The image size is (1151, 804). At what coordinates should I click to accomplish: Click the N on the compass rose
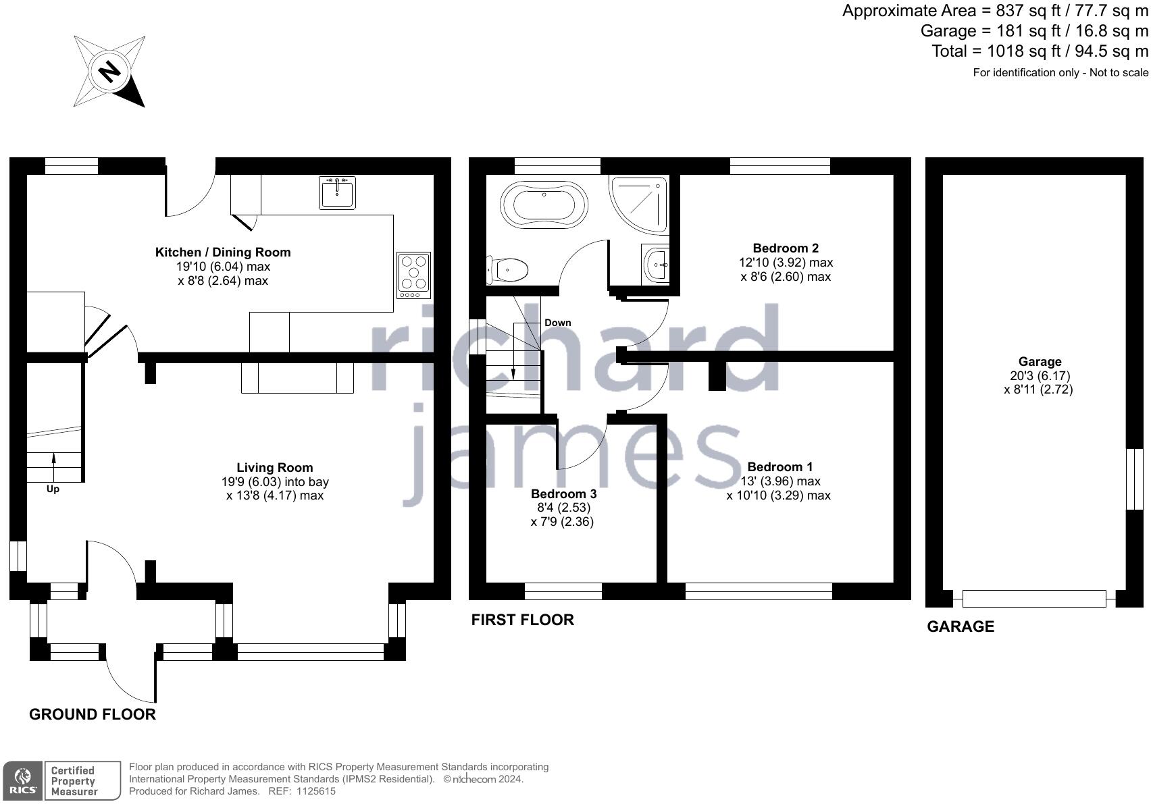coord(109,72)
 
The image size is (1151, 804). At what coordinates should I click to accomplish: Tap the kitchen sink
coord(337,192)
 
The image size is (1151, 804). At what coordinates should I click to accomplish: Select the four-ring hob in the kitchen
coord(413,275)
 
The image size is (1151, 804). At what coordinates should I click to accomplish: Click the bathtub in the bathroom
coord(544,205)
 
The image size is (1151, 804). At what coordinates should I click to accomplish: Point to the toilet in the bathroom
coord(508,269)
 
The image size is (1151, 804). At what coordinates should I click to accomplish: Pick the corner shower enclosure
coord(639,205)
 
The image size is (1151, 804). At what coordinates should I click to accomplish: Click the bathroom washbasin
coord(656,265)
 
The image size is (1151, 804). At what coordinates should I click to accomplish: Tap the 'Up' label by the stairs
coord(53,489)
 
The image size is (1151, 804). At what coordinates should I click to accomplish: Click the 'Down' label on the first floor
coord(557,323)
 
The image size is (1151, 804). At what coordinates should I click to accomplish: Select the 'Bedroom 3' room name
coord(564,493)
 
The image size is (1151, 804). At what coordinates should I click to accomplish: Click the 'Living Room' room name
coord(274,467)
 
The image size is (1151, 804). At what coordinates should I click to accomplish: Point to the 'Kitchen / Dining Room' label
coord(223,252)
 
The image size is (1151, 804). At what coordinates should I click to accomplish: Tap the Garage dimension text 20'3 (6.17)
coord(1040,376)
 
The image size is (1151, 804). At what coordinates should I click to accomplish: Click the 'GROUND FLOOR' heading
coord(93,714)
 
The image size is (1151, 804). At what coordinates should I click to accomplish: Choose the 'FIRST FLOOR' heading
coord(523,620)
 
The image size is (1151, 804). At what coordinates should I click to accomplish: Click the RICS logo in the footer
coord(22,781)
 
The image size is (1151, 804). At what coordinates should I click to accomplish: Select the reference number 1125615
coord(316,791)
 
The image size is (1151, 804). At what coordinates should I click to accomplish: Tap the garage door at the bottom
coord(1034,599)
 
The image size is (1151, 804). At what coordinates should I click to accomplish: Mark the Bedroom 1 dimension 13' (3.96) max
coord(780,481)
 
